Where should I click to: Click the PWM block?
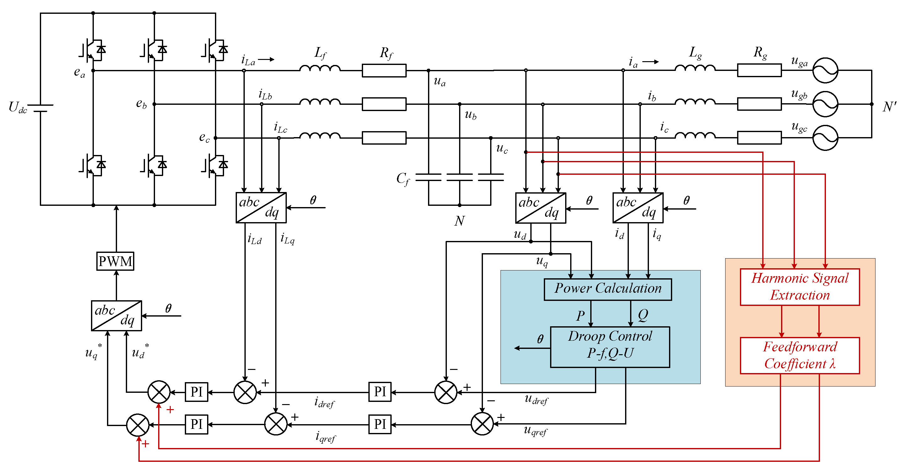tap(115, 261)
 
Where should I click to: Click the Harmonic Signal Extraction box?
tap(800, 287)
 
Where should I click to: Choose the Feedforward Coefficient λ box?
tap(800, 355)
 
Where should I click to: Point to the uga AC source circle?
tap(825, 70)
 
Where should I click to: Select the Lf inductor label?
tap(320, 53)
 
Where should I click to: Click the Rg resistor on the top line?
tap(759, 70)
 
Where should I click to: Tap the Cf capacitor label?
tap(403, 179)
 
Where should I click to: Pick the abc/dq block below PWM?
tap(116, 316)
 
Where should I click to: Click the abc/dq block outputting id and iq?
tap(638, 208)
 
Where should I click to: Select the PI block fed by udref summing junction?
tap(380, 392)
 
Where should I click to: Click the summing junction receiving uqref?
tap(482, 424)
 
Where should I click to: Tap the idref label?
tap(324, 403)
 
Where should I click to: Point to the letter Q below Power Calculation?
tap(643, 315)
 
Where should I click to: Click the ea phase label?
tap(79, 72)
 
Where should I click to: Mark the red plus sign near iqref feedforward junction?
tap(145, 444)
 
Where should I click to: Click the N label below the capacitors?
tap(459, 221)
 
